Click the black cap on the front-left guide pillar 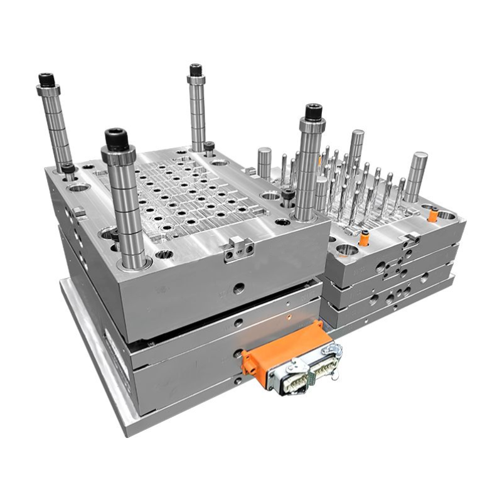117,138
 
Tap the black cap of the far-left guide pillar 46,80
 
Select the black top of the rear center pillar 196,69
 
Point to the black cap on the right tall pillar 313,112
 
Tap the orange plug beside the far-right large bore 432,215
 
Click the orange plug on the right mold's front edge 364,238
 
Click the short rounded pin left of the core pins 264,162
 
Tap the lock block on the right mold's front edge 411,240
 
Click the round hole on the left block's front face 239,287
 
